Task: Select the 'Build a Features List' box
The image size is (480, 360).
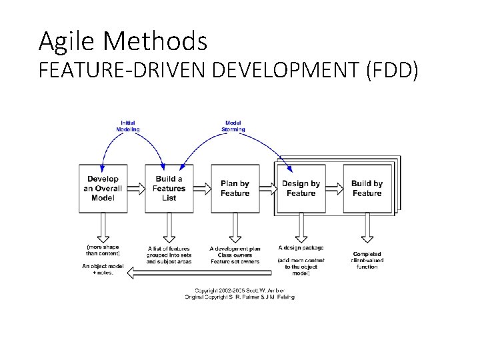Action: (169, 189)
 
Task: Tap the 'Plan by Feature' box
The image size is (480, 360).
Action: (235, 189)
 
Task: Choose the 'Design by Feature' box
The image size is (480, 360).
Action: (301, 189)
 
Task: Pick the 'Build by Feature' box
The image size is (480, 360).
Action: (367, 189)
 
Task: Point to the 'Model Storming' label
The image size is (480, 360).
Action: (234, 126)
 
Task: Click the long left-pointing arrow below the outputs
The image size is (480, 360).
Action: (200, 272)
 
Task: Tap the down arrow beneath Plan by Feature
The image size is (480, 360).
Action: (235, 229)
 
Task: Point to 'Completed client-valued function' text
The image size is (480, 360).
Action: (367, 260)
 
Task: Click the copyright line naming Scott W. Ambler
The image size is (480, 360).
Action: (239, 291)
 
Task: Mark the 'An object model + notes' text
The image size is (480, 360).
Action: (98, 269)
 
